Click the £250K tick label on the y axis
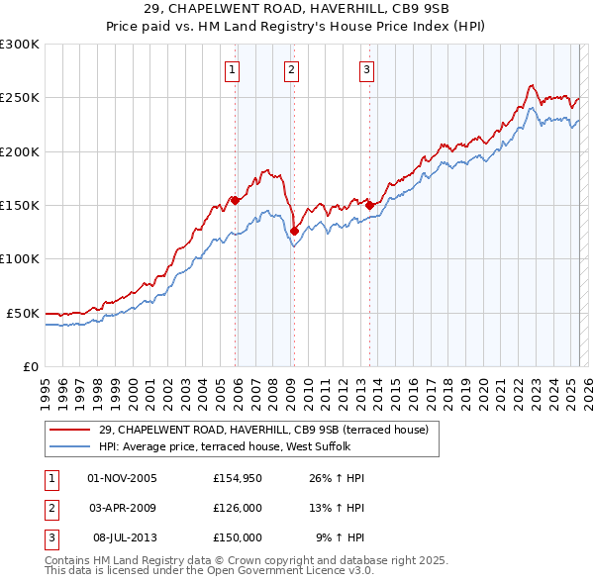[x=20, y=98]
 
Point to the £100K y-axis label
[x=20, y=258]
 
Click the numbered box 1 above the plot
[x=232, y=69]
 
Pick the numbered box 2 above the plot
[x=292, y=69]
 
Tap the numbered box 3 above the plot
[x=366, y=69]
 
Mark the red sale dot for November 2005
[x=235, y=200]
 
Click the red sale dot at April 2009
[x=294, y=231]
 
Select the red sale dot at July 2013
[x=369, y=205]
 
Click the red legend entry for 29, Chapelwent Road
[x=263, y=430]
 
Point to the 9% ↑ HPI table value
[x=341, y=536]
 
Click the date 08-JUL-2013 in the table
[x=124, y=536]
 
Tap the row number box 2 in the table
[x=49, y=508]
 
